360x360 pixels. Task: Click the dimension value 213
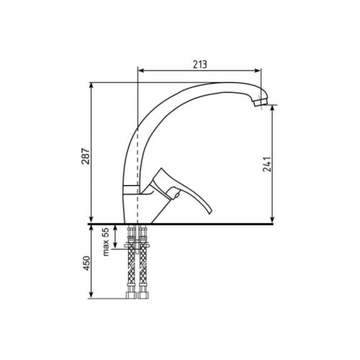click(x=199, y=64)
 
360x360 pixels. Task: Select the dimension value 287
click(x=86, y=156)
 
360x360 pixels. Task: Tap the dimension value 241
click(x=266, y=164)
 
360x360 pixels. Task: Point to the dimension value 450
click(x=86, y=264)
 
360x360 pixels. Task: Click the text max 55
click(x=106, y=242)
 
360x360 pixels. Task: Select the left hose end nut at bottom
click(x=131, y=294)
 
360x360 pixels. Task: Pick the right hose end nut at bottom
click(x=143, y=294)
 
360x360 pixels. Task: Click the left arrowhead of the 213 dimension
click(x=141, y=71)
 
